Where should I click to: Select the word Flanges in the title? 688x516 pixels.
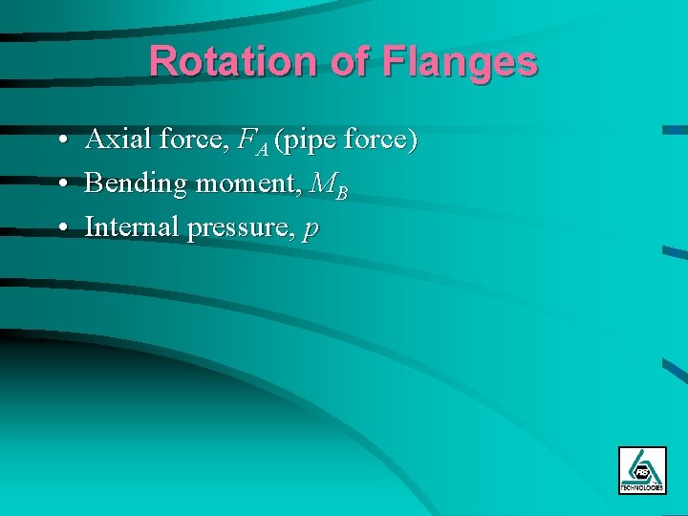(460, 62)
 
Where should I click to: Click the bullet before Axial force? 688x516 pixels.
(60, 141)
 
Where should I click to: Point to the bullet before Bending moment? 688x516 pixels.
(60, 184)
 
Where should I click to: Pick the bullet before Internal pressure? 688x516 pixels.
(60, 227)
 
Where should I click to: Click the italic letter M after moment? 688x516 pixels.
(324, 184)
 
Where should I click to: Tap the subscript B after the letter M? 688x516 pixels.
(342, 192)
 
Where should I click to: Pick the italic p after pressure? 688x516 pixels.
(310, 230)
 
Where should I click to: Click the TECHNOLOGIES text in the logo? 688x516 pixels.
(642, 487)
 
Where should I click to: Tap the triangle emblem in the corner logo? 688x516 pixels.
(642, 466)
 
